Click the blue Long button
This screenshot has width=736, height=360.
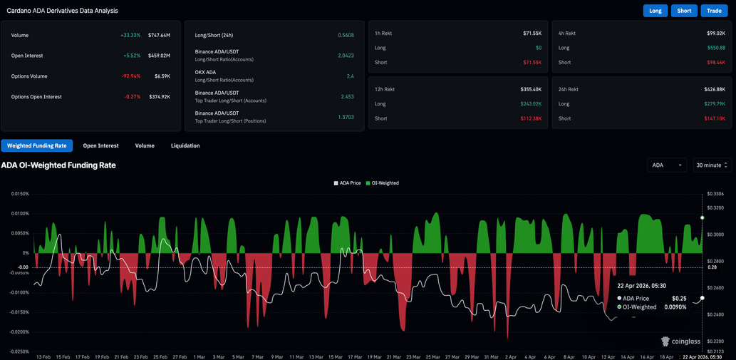pos(655,11)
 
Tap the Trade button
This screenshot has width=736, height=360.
pos(713,11)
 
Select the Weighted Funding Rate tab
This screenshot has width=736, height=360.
pos(36,145)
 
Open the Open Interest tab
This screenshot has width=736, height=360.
pos(100,145)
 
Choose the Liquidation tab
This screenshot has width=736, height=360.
pos(185,145)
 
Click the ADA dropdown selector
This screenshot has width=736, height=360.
pos(667,165)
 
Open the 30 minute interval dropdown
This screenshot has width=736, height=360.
pos(712,165)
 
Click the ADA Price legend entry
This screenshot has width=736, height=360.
pos(348,183)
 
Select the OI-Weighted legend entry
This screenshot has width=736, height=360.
pos(383,183)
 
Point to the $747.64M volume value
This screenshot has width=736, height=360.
pos(159,35)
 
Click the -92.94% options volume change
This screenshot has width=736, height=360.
pos(130,76)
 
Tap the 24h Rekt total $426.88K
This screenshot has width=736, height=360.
pos(714,90)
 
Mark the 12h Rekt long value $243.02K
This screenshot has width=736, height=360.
pos(530,104)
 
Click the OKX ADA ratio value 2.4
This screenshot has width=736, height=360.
pos(350,76)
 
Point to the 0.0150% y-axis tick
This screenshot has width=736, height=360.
pos(19,194)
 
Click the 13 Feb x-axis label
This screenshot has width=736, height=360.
pos(43,356)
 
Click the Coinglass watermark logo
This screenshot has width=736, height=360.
pos(681,341)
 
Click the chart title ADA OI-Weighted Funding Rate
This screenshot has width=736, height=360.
pos(58,165)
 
